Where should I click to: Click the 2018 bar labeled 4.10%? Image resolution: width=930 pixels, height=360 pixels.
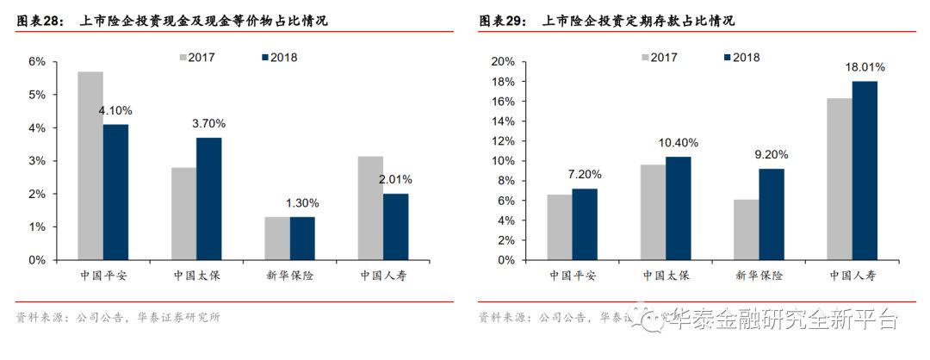115,192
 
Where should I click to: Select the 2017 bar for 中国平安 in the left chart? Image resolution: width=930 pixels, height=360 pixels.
90,165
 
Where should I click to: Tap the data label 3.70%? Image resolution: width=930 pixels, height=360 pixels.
208,124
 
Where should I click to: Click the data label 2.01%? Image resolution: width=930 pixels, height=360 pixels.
394,180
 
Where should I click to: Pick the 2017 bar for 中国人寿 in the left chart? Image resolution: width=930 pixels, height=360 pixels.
369,208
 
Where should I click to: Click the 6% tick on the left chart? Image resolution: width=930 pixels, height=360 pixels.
36,62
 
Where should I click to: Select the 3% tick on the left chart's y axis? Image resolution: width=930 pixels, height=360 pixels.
36,161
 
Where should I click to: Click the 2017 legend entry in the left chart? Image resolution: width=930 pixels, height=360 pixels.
196,58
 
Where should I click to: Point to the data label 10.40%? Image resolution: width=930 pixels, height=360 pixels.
677,143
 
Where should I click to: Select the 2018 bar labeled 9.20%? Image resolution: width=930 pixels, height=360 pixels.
771,214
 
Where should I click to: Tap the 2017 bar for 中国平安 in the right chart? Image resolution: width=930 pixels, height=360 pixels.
559,227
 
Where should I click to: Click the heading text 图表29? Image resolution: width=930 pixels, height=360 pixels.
503,21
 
